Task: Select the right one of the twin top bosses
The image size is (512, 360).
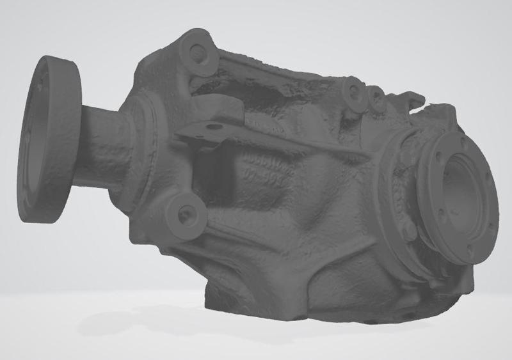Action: pyautogui.click(x=376, y=97)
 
